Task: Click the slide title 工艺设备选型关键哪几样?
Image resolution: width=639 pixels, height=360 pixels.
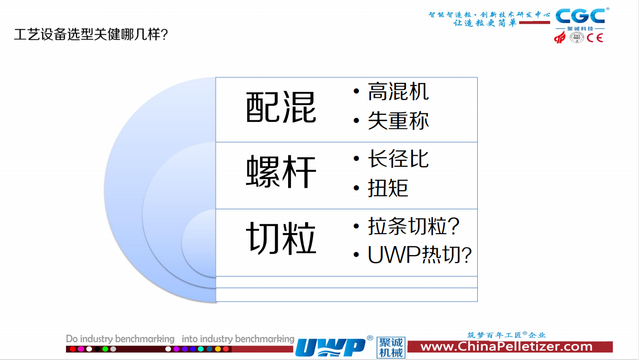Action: point(91,34)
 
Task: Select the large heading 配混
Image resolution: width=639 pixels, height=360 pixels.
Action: point(281,107)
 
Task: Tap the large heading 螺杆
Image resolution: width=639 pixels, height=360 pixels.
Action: point(281,172)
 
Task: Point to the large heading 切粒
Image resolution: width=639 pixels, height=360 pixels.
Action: point(281,239)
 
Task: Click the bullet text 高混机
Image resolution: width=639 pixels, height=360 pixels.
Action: point(398,91)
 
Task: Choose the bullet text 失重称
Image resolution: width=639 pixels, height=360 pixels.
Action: point(398,121)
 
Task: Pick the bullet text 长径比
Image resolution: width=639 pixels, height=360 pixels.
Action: point(398,159)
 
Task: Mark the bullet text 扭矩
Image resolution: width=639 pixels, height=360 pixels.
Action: point(388,188)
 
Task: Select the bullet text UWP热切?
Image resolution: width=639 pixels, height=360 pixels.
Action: point(420,255)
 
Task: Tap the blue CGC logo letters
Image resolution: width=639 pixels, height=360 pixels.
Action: point(580,16)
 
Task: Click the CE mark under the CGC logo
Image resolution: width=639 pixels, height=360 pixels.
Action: point(595,38)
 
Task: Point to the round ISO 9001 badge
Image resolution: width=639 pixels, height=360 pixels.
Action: point(577,37)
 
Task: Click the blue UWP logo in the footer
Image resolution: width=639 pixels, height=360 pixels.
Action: point(331,347)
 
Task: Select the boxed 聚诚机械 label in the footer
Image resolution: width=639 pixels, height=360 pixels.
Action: point(391,348)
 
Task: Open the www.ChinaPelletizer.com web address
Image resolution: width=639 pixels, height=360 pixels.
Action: point(506,347)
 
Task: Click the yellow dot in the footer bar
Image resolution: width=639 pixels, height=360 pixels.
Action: point(218,349)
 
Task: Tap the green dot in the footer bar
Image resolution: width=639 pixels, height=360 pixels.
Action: point(105,349)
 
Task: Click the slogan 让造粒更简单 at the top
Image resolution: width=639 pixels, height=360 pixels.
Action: point(485,23)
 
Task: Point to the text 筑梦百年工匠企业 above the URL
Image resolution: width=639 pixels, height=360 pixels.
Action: point(506,335)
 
